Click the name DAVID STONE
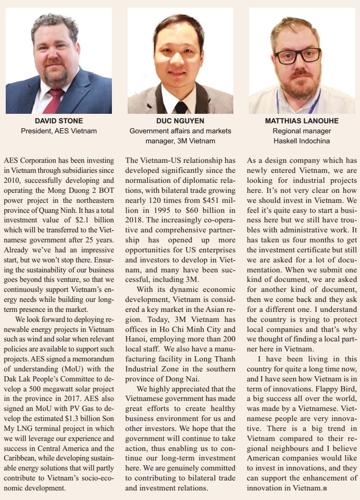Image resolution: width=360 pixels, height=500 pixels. click(x=59, y=121)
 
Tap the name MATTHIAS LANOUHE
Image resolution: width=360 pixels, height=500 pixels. click(x=301, y=121)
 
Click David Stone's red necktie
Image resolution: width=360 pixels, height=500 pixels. click(x=53, y=100)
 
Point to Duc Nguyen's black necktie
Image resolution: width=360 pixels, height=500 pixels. click(x=181, y=107)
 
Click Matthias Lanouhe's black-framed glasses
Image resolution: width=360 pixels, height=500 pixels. click(x=298, y=56)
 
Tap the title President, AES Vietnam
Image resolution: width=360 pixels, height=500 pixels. click(x=59, y=130)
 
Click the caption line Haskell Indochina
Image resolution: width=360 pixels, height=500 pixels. click(x=301, y=140)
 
